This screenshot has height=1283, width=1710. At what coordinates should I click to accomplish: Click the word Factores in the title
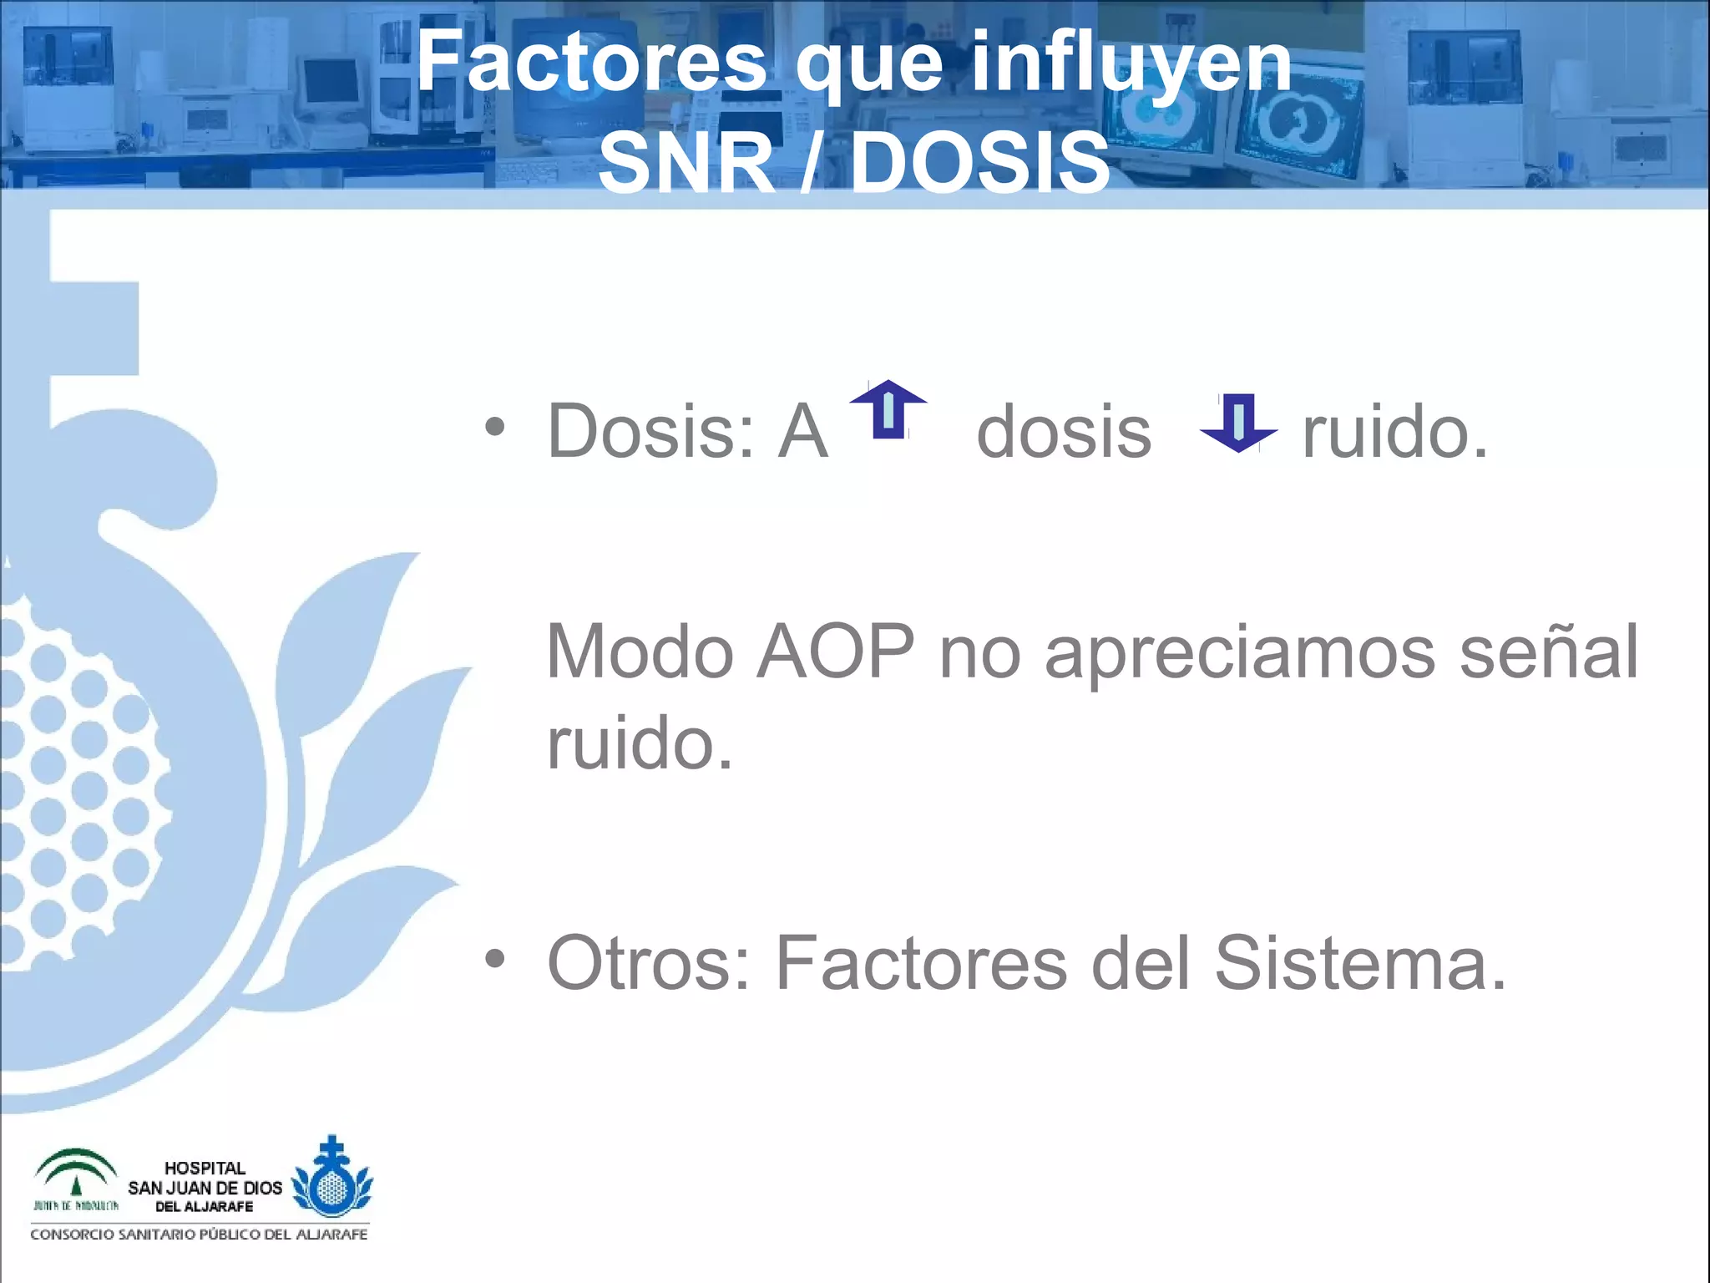click(591, 62)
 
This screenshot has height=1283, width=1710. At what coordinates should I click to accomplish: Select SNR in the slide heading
click(686, 162)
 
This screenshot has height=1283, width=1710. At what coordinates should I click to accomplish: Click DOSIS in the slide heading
click(980, 162)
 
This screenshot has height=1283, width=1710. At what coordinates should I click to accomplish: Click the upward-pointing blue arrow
click(888, 408)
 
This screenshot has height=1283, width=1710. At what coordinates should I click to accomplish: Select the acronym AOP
click(835, 652)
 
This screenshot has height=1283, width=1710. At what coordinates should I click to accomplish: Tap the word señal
click(1549, 652)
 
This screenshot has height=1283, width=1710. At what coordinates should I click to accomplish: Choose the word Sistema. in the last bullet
click(1360, 963)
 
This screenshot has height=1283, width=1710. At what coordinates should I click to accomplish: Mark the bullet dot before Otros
click(495, 960)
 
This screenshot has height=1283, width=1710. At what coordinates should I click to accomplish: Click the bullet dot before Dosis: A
click(495, 428)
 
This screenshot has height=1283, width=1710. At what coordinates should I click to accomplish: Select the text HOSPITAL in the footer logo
click(205, 1168)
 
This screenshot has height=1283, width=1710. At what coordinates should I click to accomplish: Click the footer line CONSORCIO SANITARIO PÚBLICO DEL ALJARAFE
click(199, 1235)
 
